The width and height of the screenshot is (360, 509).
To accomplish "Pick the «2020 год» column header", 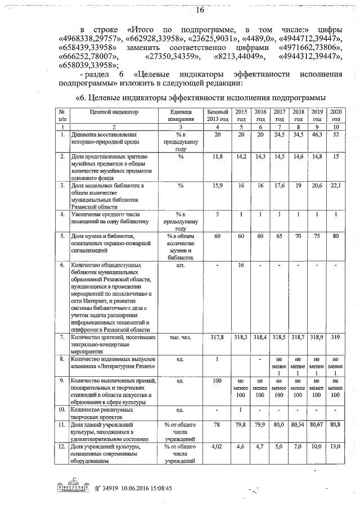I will [x=336, y=115].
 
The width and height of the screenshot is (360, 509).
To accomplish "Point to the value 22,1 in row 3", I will [x=336, y=185].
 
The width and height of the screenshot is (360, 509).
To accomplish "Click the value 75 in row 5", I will [x=317, y=237].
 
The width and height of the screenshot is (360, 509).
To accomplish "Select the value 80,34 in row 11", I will [x=298, y=425].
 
